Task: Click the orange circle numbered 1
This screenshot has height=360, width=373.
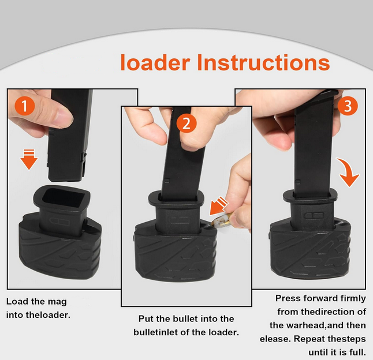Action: point(25,106)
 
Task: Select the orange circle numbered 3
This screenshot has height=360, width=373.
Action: point(348,106)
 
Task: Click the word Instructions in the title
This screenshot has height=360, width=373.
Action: point(263,62)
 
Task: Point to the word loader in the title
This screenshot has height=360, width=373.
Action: point(155,62)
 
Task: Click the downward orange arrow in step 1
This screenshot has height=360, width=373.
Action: point(29,159)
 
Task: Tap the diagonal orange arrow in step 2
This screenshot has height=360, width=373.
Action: point(219,206)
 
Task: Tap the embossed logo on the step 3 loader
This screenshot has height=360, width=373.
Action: point(314,216)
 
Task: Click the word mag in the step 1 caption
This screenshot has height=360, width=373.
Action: point(57,302)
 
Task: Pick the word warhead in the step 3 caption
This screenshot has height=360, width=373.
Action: point(305,325)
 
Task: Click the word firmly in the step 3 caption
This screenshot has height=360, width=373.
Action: point(353,298)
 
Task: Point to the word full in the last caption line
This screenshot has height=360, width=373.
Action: point(359,352)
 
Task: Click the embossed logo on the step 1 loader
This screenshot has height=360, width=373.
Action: point(59,222)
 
